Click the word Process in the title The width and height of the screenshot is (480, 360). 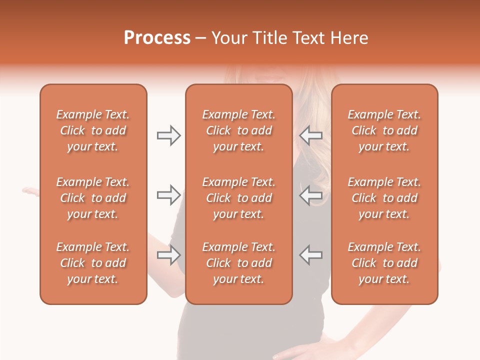pos(157,38)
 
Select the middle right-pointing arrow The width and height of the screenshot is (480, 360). pos(168,195)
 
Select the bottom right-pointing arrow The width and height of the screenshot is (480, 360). pos(168,255)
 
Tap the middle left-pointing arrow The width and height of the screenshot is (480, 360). pos(311,195)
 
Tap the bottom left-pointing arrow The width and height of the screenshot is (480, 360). pos(311,255)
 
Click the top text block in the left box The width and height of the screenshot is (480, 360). pos(93,130)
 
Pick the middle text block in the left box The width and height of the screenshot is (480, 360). pos(93,198)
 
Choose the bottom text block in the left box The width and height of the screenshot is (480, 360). pos(93,263)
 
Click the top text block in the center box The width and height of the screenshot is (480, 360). pos(238,130)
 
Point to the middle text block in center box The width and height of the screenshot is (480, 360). pos(238,198)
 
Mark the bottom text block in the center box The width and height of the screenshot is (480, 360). pos(238,263)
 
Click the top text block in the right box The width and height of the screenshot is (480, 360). pos(384,130)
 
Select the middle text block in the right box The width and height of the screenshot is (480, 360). pos(384,198)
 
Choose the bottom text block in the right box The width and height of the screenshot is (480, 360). pos(384,263)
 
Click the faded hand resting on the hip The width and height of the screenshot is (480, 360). pos(310,352)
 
